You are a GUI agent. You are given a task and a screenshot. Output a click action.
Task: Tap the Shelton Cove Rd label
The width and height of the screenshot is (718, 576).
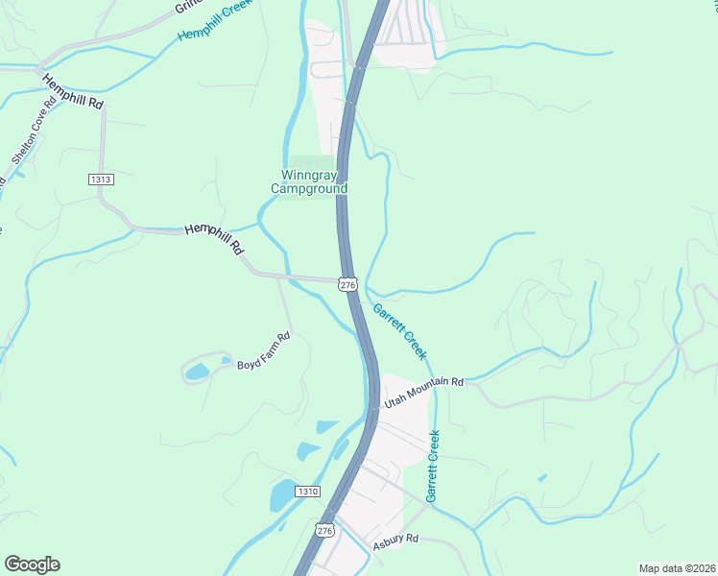click(x=30, y=134)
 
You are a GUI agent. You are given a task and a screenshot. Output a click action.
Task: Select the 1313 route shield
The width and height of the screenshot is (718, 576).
click(x=100, y=180)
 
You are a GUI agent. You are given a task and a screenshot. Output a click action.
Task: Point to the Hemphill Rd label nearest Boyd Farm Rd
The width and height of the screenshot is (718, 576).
click(x=214, y=240)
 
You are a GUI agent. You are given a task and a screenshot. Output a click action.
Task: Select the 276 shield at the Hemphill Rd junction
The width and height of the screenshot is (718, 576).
click(x=347, y=284)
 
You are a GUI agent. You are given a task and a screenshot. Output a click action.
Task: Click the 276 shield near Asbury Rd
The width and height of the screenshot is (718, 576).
click(x=324, y=530)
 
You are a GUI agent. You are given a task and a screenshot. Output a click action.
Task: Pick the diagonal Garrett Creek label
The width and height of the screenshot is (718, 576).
click(x=399, y=331)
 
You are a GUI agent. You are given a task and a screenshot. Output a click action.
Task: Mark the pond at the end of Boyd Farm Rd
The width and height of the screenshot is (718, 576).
click(x=197, y=372)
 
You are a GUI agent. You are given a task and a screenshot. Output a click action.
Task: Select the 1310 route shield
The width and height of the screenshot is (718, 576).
click(x=307, y=492)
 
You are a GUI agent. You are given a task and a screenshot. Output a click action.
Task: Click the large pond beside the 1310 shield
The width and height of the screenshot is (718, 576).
click(x=282, y=496)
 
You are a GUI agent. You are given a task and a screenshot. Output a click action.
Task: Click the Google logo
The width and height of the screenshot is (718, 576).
click(x=32, y=564)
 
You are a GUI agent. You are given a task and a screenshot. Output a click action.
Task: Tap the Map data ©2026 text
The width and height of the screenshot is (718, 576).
click(x=677, y=568)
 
